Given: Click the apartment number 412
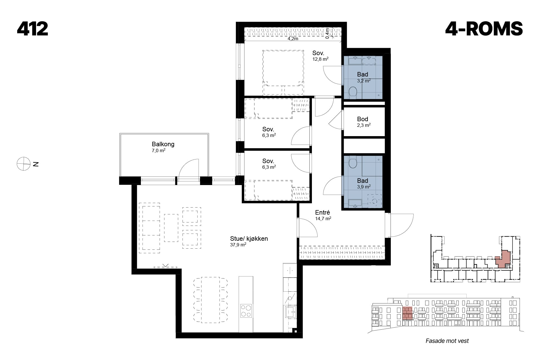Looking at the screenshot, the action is coord(32,29).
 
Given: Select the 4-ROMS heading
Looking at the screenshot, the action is coord(484,29).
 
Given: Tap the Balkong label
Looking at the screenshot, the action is coord(163,144).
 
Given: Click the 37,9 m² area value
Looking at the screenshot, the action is coord(238,245).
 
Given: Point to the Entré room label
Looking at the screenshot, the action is coord(323,212).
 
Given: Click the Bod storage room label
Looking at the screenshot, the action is coord(363,119).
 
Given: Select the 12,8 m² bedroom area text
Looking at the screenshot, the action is coord(320,59).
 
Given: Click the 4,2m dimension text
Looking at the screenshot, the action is coord(293,39).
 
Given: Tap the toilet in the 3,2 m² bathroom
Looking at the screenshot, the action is coord(352,92).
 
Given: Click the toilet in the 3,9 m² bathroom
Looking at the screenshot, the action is coord(352,162).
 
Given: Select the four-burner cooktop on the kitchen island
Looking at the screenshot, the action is coord(246,311).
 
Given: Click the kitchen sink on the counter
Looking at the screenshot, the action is coord(290,311).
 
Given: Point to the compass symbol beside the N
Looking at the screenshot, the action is coord(24,164).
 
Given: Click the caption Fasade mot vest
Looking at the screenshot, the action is coord(447,341).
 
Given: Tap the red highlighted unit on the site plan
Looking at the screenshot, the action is coord(503,259).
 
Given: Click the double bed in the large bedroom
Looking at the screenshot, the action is coord(283,72).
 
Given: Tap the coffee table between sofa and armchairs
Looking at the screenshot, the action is coord(171,228).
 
